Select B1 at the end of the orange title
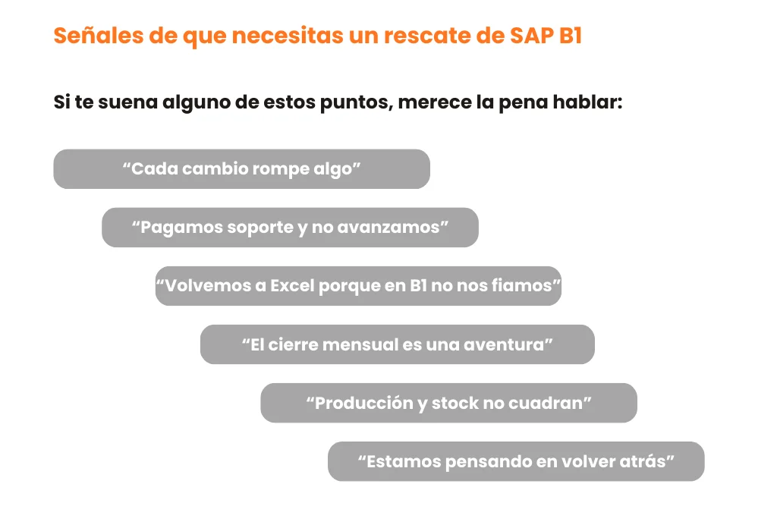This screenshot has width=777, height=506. [x=570, y=36]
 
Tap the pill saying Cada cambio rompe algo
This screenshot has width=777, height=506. [x=242, y=169]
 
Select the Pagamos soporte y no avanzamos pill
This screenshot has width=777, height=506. [x=291, y=228]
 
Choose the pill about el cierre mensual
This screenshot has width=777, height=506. [x=398, y=344]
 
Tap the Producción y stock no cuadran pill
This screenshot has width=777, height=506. [x=449, y=403]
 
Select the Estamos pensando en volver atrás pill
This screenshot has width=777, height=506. [x=516, y=461]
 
